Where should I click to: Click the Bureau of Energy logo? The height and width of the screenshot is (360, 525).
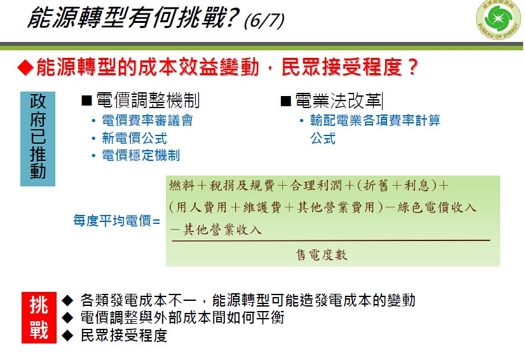[499, 19]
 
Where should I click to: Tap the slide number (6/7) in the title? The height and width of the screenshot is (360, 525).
[264, 20]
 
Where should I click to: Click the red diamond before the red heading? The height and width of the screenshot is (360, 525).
[25, 67]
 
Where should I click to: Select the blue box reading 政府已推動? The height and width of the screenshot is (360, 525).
[38, 139]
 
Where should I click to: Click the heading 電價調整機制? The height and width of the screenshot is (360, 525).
[147, 100]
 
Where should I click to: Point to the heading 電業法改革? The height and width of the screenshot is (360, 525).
[338, 100]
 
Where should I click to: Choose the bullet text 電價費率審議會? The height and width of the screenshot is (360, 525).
[147, 120]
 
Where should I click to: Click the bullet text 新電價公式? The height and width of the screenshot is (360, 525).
[134, 138]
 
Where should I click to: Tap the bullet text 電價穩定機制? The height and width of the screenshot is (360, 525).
[141, 155]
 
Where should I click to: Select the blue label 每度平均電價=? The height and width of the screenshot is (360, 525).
[116, 221]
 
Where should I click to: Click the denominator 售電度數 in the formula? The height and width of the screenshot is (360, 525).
[322, 255]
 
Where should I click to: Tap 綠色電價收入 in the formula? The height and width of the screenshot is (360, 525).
[437, 207]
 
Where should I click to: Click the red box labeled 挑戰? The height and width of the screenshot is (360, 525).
[39, 317]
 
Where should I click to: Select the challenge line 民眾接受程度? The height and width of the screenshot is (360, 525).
[124, 336]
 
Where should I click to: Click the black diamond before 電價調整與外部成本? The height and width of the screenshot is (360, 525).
[67, 317]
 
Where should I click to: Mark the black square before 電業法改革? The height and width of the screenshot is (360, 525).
[285, 101]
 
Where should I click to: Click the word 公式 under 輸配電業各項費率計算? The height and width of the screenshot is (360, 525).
[323, 138]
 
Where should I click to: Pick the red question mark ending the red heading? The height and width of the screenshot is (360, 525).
[412, 67]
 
